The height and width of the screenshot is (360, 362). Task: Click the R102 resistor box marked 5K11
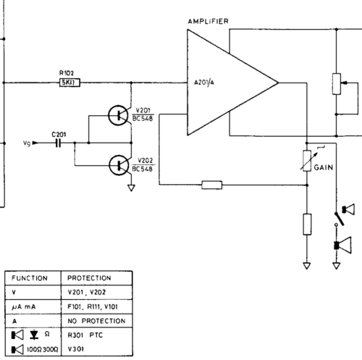tap(70, 83)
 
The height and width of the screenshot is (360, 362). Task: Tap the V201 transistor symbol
tap(118, 115)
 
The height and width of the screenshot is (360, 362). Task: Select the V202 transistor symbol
tap(119, 165)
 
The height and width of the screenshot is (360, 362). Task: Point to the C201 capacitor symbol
tap(58, 143)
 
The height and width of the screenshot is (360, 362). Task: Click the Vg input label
tap(27, 143)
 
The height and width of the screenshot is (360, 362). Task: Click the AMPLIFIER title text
tap(208, 22)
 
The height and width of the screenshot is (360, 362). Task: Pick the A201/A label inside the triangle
tap(204, 83)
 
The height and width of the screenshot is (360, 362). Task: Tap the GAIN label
tap(324, 167)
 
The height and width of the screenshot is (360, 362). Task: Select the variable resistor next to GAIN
tap(307, 161)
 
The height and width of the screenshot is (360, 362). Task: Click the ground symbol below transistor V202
tap(131, 188)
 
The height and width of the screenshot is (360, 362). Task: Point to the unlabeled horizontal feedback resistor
tap(212, 185)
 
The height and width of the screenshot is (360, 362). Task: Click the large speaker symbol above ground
tap(342, 246)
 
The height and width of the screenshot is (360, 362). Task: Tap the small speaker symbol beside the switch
tap(348, 209)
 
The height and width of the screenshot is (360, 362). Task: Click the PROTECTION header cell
tap(97, 278)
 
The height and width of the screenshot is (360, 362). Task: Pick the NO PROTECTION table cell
tap(97, 321)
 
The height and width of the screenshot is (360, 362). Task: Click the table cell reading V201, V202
tap(97, 293)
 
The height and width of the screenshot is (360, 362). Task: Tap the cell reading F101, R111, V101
tap(97, 306)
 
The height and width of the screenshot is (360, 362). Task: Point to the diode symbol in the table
tap(34, 335)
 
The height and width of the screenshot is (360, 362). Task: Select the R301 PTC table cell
tap(97, 335)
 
